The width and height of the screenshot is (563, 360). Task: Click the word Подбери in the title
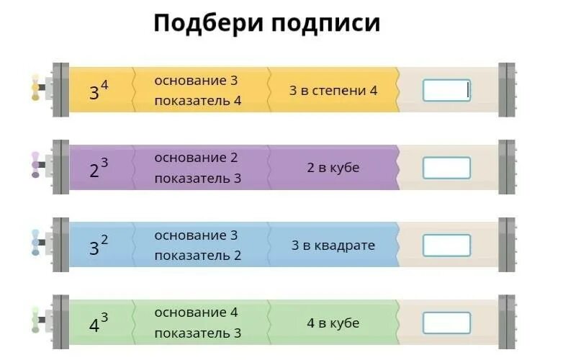pos(208,23)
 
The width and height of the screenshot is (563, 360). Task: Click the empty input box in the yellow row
pos(446,90)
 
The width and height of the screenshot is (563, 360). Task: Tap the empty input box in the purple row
pos(446,168)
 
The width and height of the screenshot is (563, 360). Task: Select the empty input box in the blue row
pos(446,246)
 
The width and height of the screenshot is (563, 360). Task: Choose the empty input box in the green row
pos(446,323)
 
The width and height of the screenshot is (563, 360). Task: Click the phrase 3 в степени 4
pos(333,91)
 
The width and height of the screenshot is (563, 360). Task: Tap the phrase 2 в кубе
pos(333,168)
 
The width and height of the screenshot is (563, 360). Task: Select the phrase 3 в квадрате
pos(333,246)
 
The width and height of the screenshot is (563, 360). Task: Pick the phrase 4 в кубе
pos(333,323)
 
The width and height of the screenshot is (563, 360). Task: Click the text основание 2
pos(196,158)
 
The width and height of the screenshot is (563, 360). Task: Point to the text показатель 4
pos(197,101)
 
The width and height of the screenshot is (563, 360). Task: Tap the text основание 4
pos(196,312)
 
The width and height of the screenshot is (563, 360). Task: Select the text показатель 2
pos(197,256)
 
